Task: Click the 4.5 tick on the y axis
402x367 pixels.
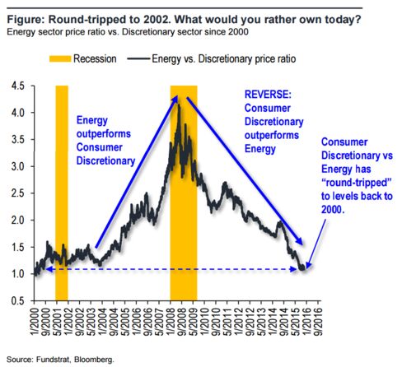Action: [x=17, y=86]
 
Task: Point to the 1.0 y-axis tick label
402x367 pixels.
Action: [x=17, y=274]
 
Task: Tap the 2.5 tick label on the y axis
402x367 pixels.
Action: [x=17, y=193]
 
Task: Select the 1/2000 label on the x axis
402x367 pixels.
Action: [x=35, y=321]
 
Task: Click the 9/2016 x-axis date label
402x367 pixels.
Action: [x=318, y=321]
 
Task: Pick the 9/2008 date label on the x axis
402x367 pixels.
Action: [x=182, y=321]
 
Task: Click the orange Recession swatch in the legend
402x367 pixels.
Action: [x=60, y=59]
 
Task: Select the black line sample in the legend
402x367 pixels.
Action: [x=138, y=58]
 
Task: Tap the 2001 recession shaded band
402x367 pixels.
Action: [x=62, y=193]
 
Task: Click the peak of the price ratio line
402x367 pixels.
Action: [x=179, y=105]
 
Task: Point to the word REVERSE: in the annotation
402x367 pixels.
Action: [x=268, y=95]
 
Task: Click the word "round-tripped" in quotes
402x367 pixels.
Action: [x=357, y=183]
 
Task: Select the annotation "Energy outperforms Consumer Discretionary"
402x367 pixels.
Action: [x=105, y=141]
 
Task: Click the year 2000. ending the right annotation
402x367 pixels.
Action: [x=333, y=210]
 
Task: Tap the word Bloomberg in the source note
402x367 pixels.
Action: [x=94, y=360]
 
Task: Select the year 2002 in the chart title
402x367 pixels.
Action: [x=157, y=20]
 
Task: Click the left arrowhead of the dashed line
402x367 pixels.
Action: [x=47, y=269]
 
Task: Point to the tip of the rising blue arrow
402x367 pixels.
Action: [x=177, y=95]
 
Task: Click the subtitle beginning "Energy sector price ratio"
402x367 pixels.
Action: [x=128, y=32]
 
